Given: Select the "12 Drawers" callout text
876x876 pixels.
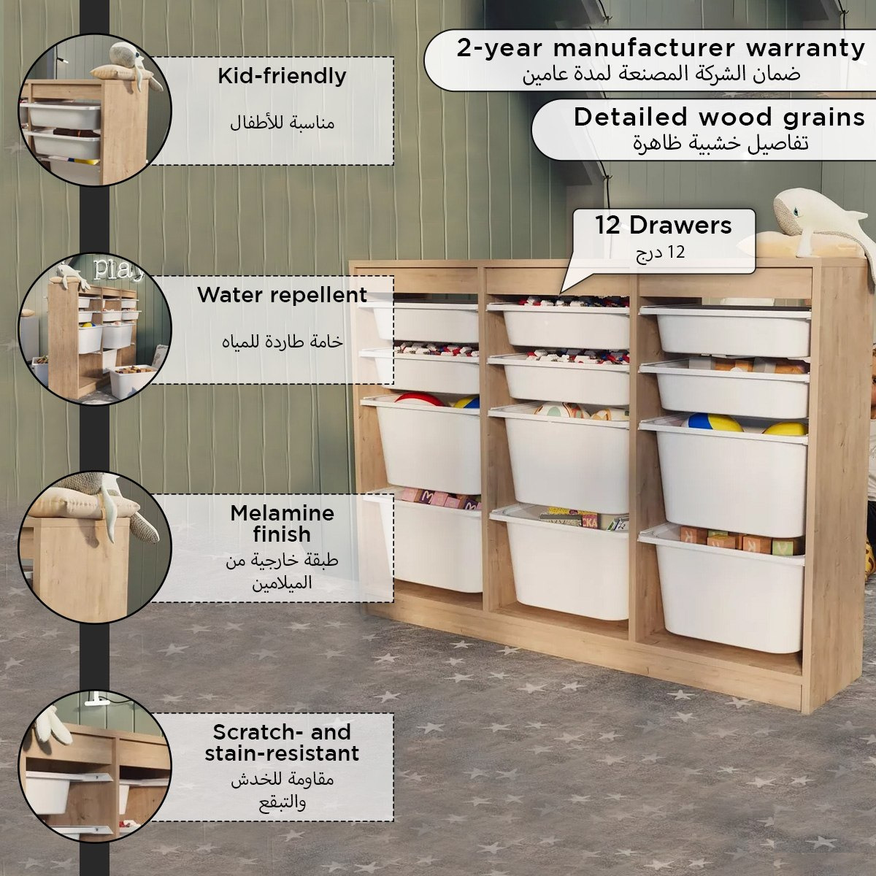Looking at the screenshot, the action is (664, 225).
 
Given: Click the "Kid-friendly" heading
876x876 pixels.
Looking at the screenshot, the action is (282, 77).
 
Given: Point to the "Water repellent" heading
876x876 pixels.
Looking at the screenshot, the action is (282, 295).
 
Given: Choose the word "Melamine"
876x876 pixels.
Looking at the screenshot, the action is (283, 513).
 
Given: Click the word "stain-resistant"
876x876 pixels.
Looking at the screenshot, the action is (282, 753).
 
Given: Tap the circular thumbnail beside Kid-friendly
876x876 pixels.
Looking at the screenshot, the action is (95, 110).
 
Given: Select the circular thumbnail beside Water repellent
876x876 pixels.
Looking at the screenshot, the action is (95, 329).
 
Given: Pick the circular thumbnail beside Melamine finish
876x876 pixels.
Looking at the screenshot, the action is (95, 547).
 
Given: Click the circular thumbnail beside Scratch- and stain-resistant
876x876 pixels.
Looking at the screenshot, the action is (95, 766).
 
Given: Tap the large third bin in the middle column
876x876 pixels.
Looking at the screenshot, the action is (560, 459).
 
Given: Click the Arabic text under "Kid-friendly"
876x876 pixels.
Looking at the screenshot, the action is (282, 123).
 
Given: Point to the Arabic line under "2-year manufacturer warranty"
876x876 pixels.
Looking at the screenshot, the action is (661, 74).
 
